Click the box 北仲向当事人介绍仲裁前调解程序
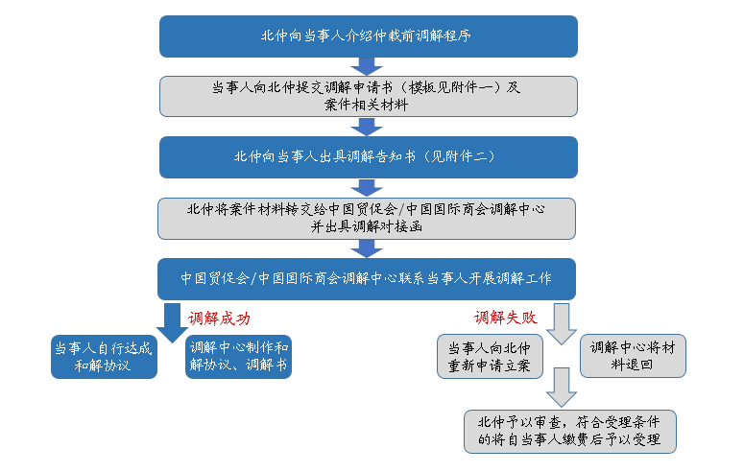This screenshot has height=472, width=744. tap(369, 36)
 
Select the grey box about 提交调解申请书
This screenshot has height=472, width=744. tap(369, 96)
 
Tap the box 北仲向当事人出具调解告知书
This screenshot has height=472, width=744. tap(369, 157)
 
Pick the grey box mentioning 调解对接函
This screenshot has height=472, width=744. tap(367, 218)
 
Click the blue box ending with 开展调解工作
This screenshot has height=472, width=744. tap(367, 279)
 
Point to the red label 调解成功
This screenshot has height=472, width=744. tap(219, 319)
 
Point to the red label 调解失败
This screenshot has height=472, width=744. tap(505, 318)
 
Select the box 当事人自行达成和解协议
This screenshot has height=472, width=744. tap(104, 357)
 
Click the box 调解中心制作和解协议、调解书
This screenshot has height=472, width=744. tap(238, 357)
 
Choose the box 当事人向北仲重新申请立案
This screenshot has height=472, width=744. tap(490, 357)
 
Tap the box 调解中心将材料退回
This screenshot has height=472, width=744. tap(633, 356)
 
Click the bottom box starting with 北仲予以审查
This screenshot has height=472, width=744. tap(570, 432)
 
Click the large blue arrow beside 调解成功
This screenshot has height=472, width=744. tap(172, 322)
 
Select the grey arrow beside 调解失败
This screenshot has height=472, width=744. tap(562, 323)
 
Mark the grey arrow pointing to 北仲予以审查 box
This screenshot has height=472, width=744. tap(562, 387)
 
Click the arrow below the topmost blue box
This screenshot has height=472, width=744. tap(367, 67)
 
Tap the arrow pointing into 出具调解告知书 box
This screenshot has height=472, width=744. tap(367, 128)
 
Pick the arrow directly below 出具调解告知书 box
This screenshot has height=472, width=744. tap(367, 188)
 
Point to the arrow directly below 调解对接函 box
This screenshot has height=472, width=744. tap(367, 248)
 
